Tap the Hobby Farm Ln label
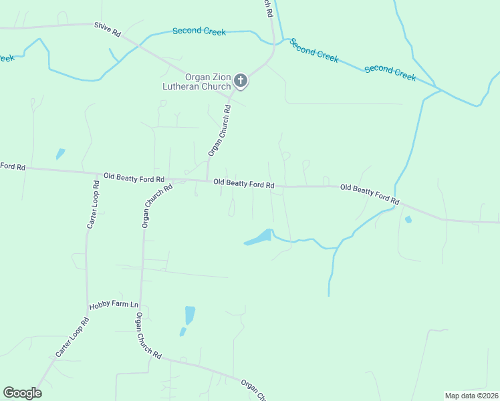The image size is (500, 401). tap(114, 306)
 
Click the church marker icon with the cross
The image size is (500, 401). tap(241, 82)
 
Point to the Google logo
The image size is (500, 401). tap(22, 393)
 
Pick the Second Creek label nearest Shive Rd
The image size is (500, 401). tap(199, 31)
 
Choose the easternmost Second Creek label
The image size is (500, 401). tap(390, 72)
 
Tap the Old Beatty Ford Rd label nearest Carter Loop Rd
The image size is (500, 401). tap(134, 178)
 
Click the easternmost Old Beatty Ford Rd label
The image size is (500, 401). tap(370, 194)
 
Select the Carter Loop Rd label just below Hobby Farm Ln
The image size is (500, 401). tap(71, 336)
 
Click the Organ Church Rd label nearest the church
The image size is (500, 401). tap(219, 130)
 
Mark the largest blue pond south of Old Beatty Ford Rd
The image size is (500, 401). tap(259, 237)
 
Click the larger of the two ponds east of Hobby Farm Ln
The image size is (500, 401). tap(190, 314)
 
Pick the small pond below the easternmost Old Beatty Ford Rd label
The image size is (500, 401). tap(408, 219)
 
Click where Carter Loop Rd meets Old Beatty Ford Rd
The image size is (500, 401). tap(90, 174)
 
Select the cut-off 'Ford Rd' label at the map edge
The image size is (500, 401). tap(12, 166)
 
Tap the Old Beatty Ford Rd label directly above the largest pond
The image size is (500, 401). tap(244, 183)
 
